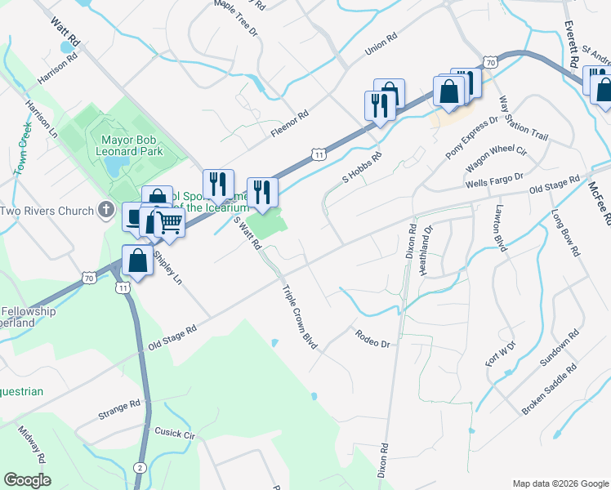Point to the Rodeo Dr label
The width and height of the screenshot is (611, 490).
(x=372, y=337)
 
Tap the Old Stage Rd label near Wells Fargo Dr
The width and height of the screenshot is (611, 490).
(x=554, y=184)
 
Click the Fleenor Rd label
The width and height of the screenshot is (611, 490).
(x=289, y=121)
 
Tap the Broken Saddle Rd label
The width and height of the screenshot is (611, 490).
(x=550, y=389)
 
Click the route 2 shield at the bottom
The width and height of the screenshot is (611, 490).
(x=140, y=467)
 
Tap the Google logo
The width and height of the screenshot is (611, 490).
(x=27, y=479)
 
